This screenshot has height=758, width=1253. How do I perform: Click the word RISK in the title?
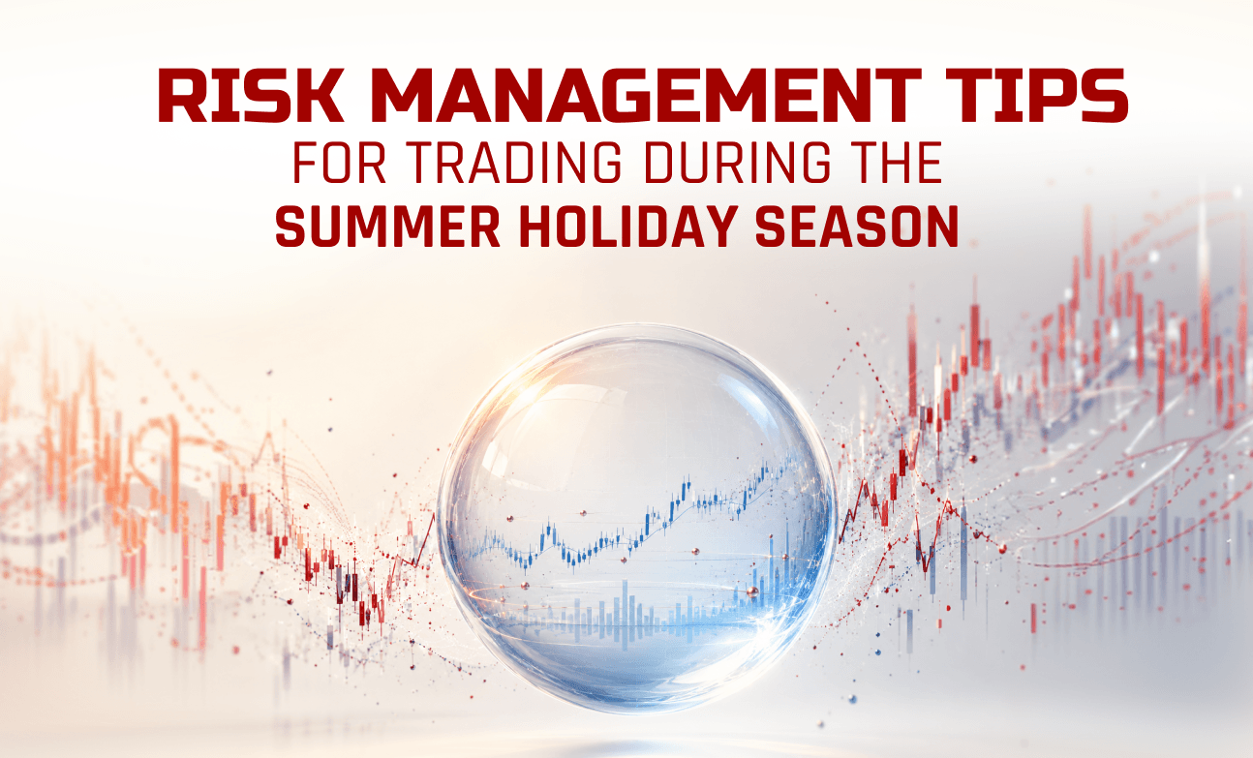click(251, 96)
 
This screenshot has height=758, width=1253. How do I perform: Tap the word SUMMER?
click(387, 227)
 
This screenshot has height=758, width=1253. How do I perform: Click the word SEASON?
click(857, 227)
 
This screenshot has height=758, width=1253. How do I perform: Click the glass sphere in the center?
click(637, 518)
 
